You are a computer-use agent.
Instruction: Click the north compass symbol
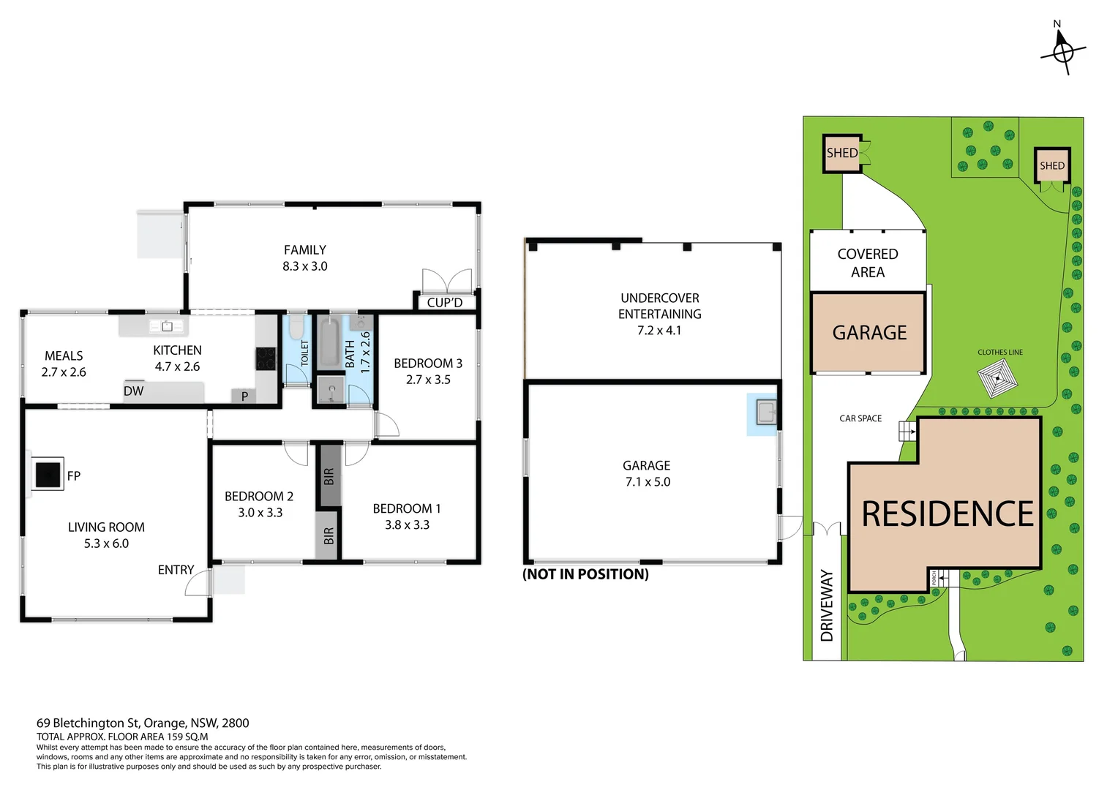click(1063, 52)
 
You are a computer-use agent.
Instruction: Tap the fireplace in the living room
click(48, 474)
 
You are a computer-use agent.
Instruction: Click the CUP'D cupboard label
click(445, 302)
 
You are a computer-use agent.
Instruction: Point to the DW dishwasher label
click(133, 391)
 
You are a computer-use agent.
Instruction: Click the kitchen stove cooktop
click(266, 358)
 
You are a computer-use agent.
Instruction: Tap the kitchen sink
click(167, 326)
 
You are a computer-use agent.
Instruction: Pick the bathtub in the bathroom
click(329, 342)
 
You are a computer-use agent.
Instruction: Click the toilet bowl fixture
click(297, 326)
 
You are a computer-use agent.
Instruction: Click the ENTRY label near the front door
click(176, 570)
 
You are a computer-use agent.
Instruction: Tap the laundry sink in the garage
click(766, 413)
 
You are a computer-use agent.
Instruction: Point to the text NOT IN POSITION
click(585, 574)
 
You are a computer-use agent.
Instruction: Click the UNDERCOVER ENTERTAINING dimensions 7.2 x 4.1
click(659, 331)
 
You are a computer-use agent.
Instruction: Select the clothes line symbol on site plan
click(997, 378)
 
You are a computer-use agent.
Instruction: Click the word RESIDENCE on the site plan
click(948, 514)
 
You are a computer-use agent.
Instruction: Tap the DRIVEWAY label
click(827, 606)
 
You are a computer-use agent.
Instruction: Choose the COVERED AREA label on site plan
click(868, 263)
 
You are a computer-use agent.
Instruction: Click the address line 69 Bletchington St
click(143, 723)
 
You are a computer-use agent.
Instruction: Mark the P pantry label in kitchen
click(244, 396)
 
